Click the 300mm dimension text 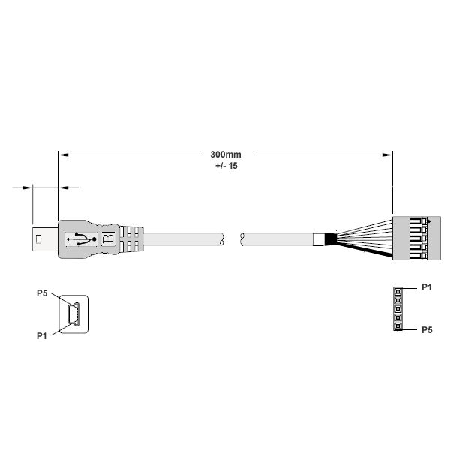click(226, 155)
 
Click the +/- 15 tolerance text click(227, 166)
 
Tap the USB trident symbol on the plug click(81, 239)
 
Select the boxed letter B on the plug click(109, 239)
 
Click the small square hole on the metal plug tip click(38, 239)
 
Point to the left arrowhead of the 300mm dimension click(64, 155)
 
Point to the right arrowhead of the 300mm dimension click(388, 155)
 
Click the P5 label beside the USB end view click(42, 293)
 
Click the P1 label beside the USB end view click(42, 336)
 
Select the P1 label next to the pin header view click(427, 287)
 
